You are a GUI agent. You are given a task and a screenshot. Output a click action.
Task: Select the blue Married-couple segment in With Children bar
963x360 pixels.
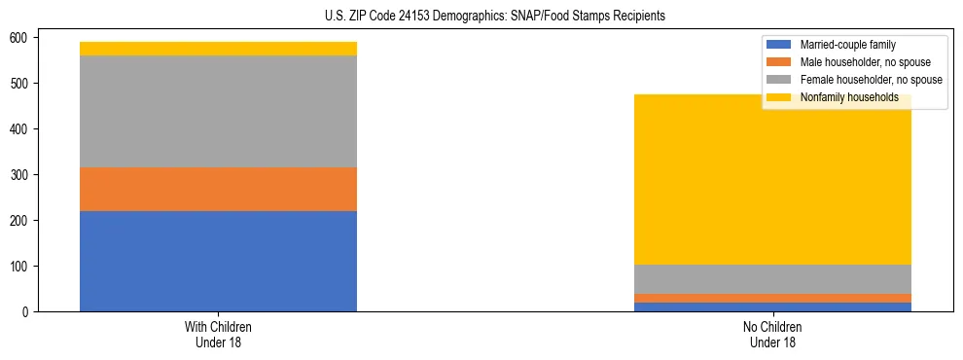[x=218, y=261]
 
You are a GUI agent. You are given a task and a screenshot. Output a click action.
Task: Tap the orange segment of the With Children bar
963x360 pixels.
[x=218, y=189]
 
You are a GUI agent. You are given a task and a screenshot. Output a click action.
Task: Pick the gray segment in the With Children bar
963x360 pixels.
[x=218, y=111]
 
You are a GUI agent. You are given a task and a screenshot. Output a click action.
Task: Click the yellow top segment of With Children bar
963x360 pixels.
[x=218, y=49]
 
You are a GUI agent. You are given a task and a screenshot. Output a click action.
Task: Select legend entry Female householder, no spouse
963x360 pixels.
[x=871, y=80]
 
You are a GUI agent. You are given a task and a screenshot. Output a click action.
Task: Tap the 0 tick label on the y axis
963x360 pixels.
[x=28, y=311]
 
